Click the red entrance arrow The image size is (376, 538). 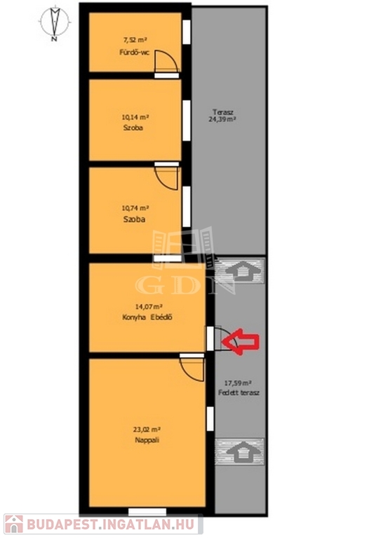pos(241,341)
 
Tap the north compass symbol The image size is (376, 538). pos(55,23)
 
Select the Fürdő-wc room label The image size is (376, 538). pos(135,53)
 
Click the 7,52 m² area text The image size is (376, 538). pos(135,40)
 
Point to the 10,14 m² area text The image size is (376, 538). pos(135,117)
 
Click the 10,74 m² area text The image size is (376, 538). pos(135,208)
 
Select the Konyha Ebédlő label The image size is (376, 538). pos(147,317)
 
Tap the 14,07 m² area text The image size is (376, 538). pos(149,306)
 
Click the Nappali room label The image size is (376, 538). pos(147,440)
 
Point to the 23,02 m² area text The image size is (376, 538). pos(147,429)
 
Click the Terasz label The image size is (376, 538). pos(222,112)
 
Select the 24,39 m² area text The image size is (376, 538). pos(222,119)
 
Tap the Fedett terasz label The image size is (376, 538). pos(239,393)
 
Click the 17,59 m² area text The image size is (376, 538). pos(239,382)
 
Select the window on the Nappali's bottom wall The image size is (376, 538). pos(147,512)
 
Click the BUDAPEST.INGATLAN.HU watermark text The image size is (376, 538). pos(110,525)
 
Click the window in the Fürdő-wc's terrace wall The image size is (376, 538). pos(187,32)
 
